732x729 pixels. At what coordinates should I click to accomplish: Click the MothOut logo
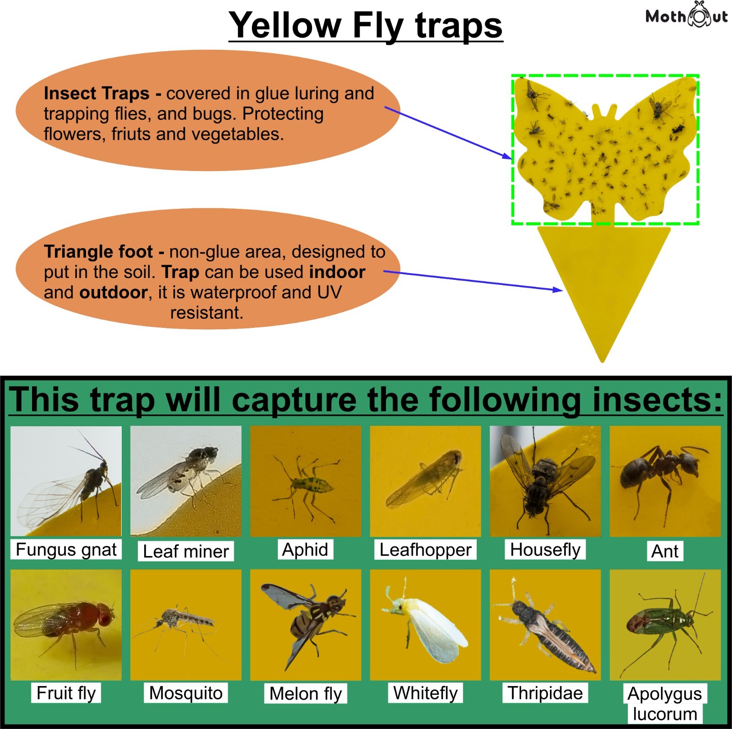[686, 16]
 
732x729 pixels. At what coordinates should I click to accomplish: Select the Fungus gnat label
[66, 549]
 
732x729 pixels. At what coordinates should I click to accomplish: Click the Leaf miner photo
[186, 481]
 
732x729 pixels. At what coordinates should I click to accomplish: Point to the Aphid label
[305, 549]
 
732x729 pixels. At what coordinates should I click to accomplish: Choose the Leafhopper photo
[425, 481]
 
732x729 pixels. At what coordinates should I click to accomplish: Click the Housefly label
[545, 549]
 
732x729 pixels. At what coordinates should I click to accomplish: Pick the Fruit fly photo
[66, 625]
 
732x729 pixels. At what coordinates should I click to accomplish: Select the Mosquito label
[186, 693]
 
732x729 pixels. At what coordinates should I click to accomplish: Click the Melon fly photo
[306, 625]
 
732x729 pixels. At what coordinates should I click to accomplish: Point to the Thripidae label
[545, 693]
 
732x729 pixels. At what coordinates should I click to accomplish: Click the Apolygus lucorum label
[665, 703]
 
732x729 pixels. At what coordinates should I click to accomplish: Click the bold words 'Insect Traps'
[97, 93]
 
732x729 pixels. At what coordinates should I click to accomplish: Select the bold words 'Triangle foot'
[98, 252]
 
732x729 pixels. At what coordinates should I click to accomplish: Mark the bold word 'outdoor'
[113, 292]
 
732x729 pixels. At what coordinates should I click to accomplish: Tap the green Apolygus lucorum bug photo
[665, 625]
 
